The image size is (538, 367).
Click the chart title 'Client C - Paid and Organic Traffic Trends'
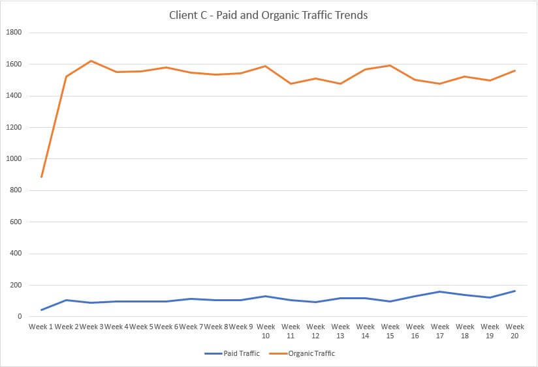[x=269, y=15]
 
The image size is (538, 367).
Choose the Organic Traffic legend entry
[x=311, y=353]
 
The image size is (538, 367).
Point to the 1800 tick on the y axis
[x=14, y=33]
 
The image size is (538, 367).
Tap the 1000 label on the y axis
[x=14, y=159]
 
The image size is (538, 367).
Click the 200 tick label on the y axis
[x=16, y=286]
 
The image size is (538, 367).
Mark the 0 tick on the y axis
[x=20, y=317]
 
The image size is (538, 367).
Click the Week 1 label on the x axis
[x=41, y=327]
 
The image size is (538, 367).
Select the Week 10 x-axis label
[x=266, y=330]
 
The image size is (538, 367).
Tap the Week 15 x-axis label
[x=390, y=330]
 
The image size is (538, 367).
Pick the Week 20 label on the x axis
[x=515, y=330]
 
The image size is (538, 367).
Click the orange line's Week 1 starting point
[x=41, y=177]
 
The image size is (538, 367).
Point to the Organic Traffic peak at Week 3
[x=91, y=61]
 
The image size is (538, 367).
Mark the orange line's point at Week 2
[x=67, y=76]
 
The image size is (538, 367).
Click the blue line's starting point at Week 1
[x=41, y=310]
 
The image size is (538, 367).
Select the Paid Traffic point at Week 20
[x=515, y=291]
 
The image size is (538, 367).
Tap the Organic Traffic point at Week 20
[x=515, y=70]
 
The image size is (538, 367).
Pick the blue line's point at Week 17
[x=440, y=291]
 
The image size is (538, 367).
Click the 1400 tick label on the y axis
[x=14, y=96]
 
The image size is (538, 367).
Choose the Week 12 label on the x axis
[x=315, y=330]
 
